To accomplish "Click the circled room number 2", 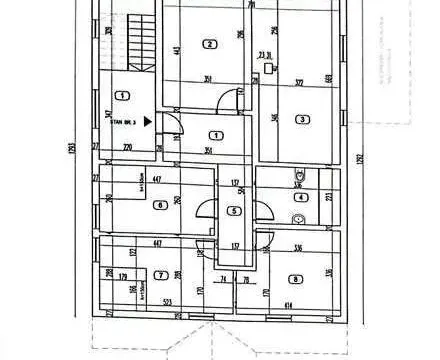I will coord(209,43).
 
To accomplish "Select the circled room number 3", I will coord(301,119).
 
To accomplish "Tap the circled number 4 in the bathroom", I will coord(299,197).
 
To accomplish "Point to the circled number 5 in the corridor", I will coord(233,210).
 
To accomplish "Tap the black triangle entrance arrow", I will coord(148,121).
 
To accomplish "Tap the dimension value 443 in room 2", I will coord(176,50).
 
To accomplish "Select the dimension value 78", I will coord(244,280).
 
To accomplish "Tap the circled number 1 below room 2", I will coord(216,134).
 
